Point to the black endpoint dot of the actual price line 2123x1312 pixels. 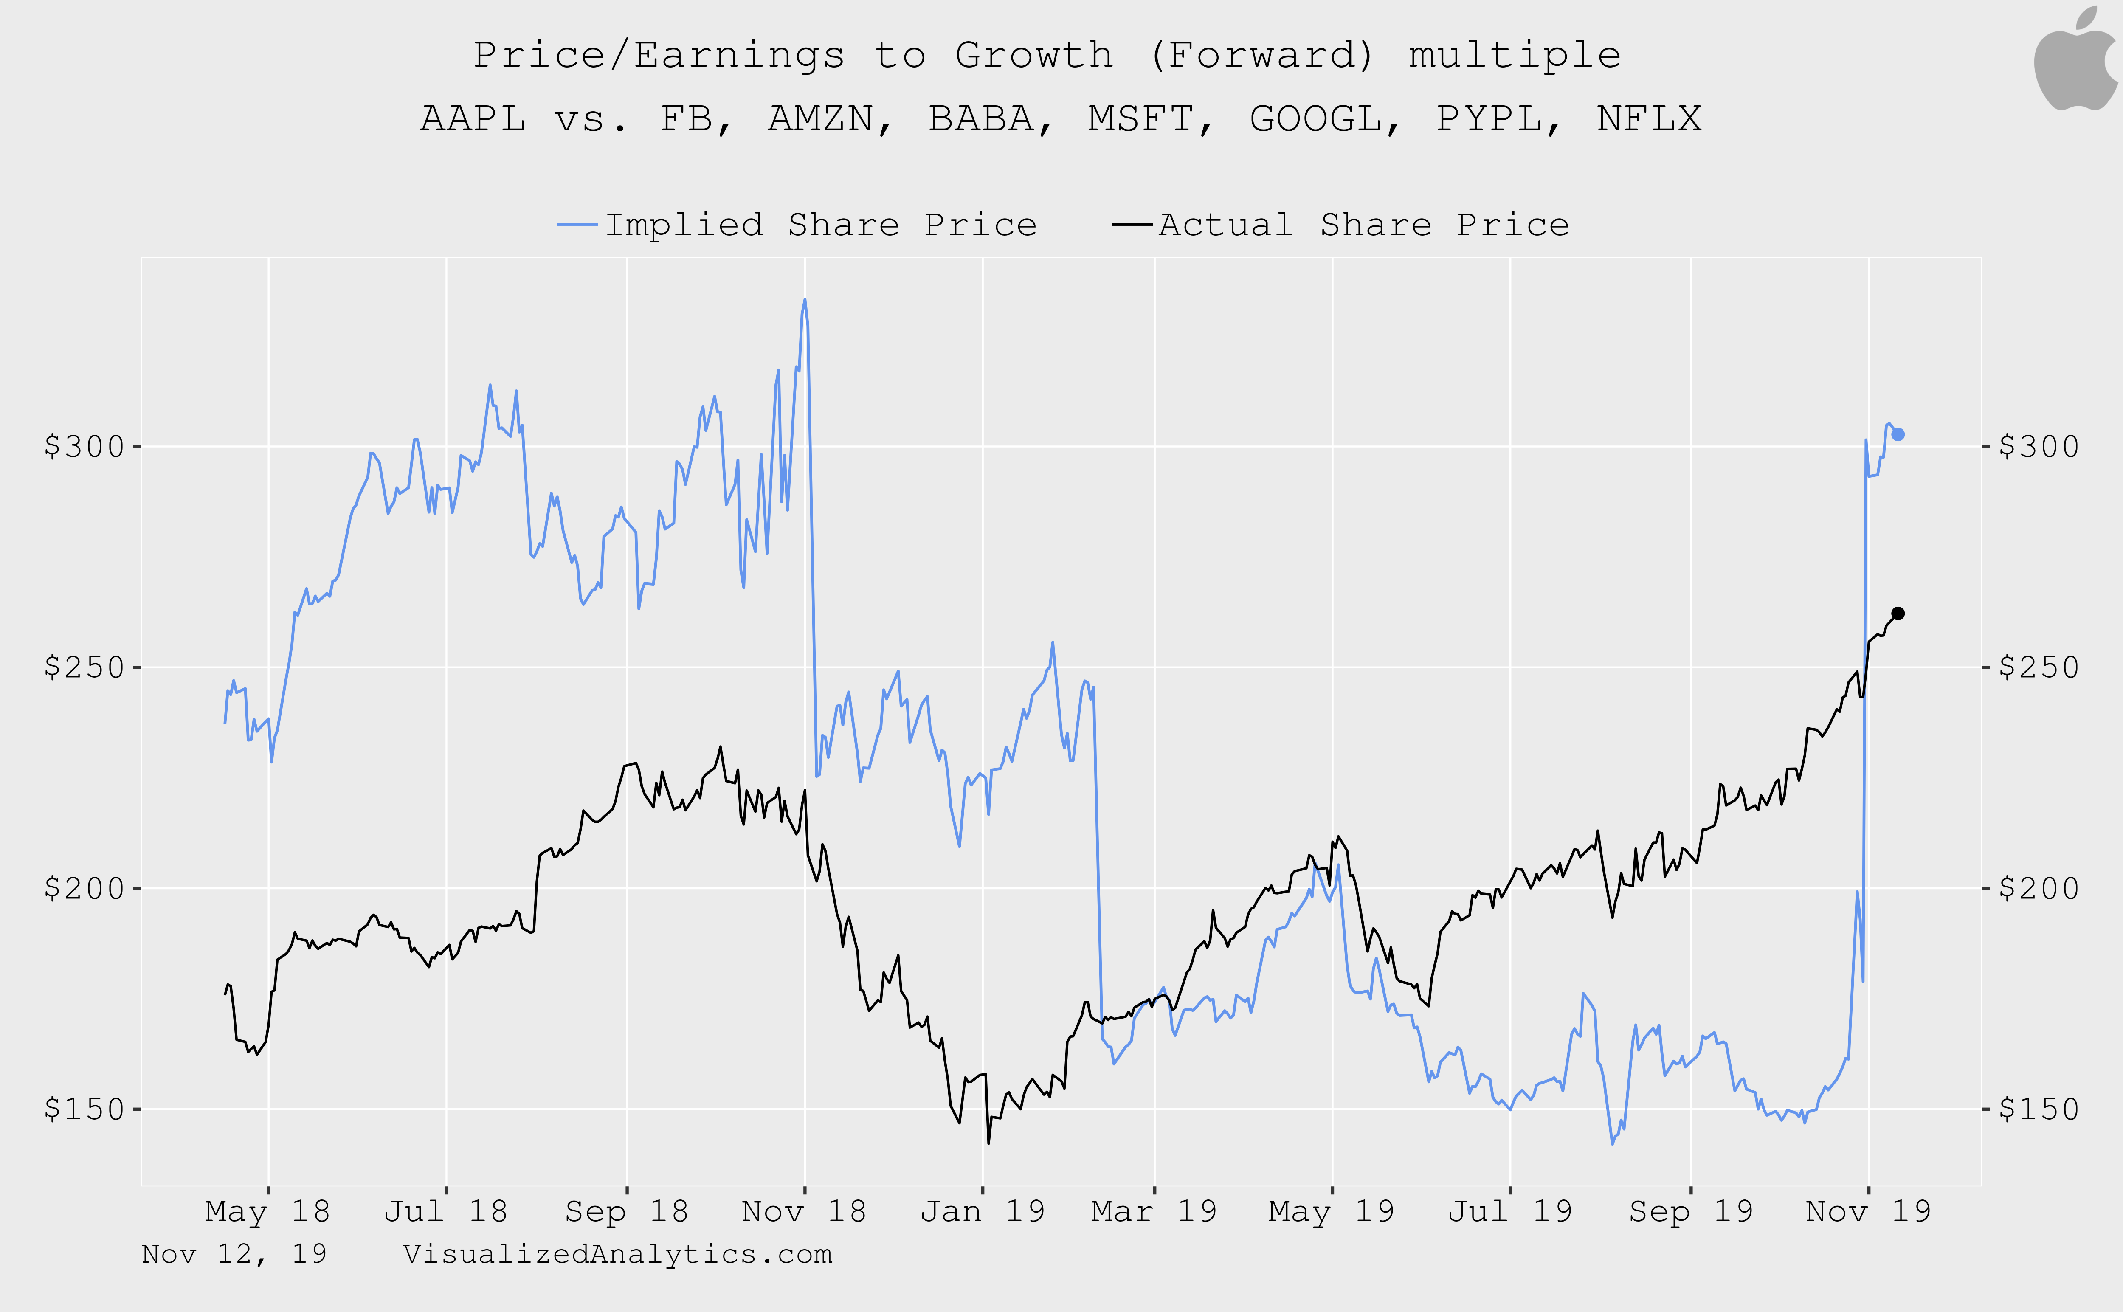pos(1898,614)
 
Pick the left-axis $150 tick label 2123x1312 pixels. pos(84,1109)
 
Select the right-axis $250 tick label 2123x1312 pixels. pos(2038,667)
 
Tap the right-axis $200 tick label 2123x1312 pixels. pos(2038,889)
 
